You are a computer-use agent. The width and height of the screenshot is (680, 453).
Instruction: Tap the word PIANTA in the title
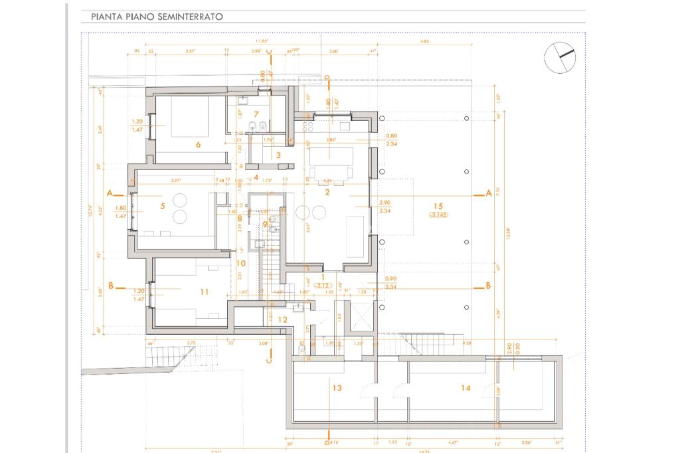pos(106,16)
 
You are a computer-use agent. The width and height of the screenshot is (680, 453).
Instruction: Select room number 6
pos(198,144)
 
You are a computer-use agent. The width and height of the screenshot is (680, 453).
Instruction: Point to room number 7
pos(256,114)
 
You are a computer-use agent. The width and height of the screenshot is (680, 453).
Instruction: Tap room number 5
pos(162,206)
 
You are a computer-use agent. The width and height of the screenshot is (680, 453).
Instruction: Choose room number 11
pos(205,292)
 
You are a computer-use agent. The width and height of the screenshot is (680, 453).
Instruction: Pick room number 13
pos(337,388)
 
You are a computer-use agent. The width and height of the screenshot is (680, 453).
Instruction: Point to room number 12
pos(282,320)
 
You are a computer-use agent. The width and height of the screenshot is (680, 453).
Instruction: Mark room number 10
pos(240,263)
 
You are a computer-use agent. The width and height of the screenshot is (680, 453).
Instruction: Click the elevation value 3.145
pos(438,215)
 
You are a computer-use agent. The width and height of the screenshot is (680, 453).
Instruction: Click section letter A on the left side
pos(110,193)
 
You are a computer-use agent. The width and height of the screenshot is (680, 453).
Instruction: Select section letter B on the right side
pos(488,286)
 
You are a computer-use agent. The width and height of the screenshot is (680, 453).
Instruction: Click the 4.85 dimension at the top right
pos(425,41)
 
